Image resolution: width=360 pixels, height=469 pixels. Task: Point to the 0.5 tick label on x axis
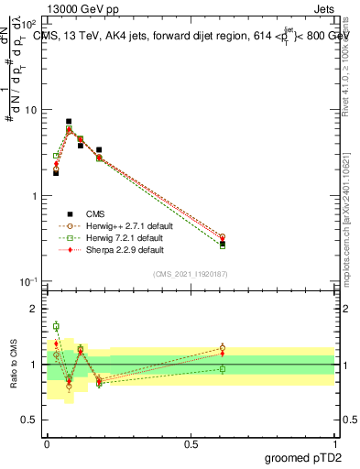tap(191, 442)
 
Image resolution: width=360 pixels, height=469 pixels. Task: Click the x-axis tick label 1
tap(333, 442)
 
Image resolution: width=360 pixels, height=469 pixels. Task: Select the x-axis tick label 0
tap(47, 442)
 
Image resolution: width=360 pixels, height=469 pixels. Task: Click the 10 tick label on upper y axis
tap(30, 111)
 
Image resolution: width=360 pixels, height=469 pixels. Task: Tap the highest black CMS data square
tap(69, 121)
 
